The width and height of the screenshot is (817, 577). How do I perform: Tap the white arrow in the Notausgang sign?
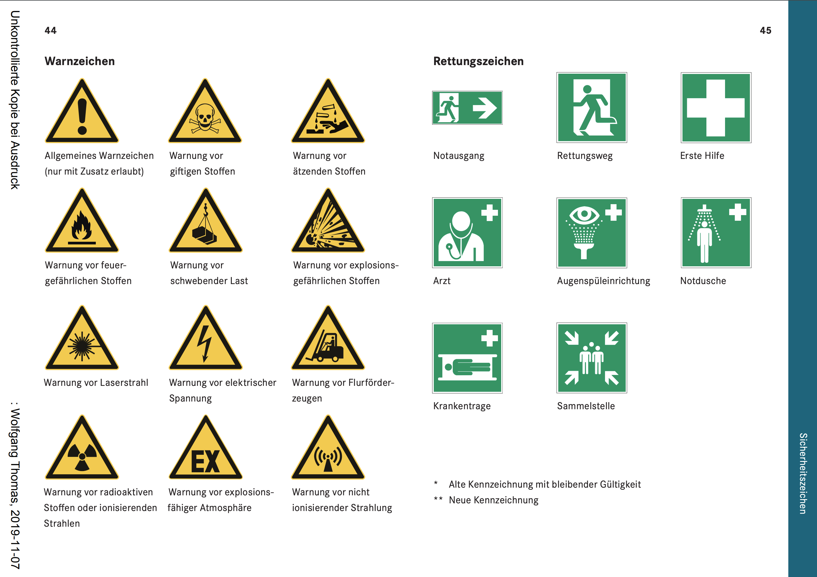point(485,108)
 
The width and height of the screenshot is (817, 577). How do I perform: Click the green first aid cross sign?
point(716,108)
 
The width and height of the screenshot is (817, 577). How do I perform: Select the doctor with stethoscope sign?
point(467,233)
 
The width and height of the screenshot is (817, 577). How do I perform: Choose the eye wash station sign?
point(592,233)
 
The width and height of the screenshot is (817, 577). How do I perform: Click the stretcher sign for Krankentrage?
point(467,358)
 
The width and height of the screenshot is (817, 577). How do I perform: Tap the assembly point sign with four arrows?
point(592,358)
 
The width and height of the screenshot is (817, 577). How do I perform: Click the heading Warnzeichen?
point(80,61)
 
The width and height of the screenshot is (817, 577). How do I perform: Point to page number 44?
point(51,31)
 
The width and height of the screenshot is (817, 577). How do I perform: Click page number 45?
point(766,31)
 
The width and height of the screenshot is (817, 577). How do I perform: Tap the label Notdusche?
point(703,281)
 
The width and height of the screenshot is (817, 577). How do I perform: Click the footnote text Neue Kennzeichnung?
point(494,500)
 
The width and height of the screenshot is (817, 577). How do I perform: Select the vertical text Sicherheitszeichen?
point(803,473)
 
